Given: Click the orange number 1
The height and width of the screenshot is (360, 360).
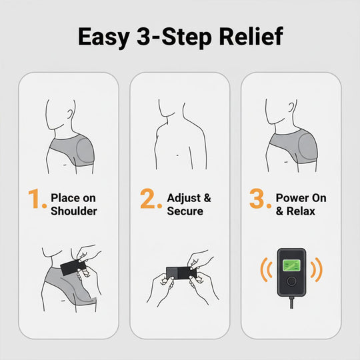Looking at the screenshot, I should point(37,199).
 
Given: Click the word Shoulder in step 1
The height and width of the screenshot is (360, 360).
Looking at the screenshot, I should point(74,211).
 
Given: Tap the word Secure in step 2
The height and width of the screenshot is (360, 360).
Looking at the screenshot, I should point(186,211).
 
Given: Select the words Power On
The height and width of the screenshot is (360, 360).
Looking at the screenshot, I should point(301,197).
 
